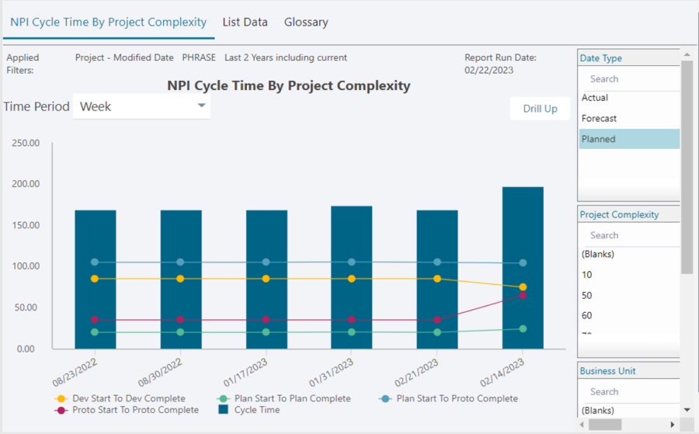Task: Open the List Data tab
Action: tap(245, 23)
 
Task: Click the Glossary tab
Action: tap(305, 23)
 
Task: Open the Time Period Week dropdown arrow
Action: tap(201, 106)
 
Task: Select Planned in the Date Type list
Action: tap(598, 139)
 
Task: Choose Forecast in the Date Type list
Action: tap(599, 119)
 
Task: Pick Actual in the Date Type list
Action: tap(595, 98)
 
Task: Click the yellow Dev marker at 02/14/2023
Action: tap(523, 287)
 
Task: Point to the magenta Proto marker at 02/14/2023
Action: tap(523, 296)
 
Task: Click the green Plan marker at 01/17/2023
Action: tap(266, 332)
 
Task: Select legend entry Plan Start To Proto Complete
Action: tap(457, 398)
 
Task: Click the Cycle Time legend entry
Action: tap(256, 410)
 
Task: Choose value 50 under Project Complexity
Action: tap(587, 296)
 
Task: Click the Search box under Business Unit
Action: tap(621, 392)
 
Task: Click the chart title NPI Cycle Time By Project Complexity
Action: tap(288, 85)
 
